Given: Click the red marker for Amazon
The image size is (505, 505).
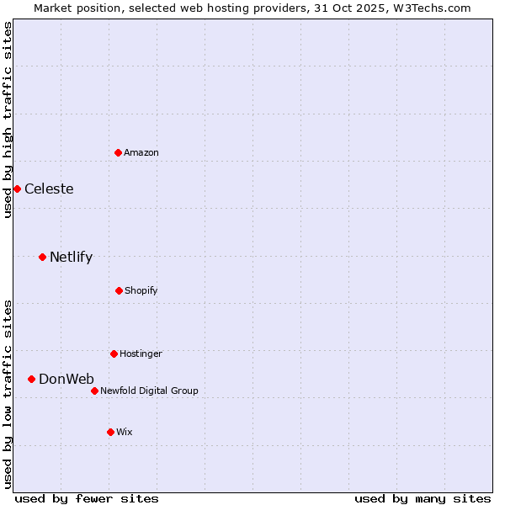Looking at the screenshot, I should (119, 152).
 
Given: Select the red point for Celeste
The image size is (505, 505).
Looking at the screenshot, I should (17, 189).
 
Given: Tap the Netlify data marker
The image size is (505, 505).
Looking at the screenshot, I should (42, 257).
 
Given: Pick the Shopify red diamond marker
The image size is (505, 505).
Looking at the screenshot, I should (119, 290).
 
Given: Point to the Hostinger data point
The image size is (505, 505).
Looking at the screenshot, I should (114, 353).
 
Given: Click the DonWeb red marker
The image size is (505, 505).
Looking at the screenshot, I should (32, 379).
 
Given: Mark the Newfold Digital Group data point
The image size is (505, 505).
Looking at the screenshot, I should (94, 391).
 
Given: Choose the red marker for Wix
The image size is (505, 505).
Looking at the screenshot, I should (110, 432).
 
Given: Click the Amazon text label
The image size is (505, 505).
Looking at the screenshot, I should (141, 152).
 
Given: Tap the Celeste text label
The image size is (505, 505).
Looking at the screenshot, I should (49, 189).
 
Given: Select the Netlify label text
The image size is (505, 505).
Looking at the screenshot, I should (71, 257).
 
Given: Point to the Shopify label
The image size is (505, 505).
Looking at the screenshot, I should (141, 290).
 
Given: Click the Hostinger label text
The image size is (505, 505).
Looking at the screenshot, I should (141, 353).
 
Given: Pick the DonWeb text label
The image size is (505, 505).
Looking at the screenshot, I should (66, 379).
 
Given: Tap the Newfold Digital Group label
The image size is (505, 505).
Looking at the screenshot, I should (149, 391).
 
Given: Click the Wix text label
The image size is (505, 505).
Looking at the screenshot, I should (125, 432).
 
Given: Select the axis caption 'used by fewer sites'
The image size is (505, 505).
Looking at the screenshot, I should (87, 498).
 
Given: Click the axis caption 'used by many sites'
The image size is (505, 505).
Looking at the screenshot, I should (423, 498).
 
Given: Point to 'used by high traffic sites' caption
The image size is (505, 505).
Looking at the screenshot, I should (8, 120).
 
